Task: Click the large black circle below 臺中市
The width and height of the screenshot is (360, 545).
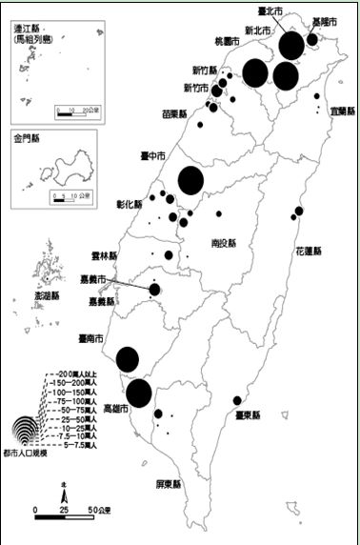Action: point(190,180)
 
